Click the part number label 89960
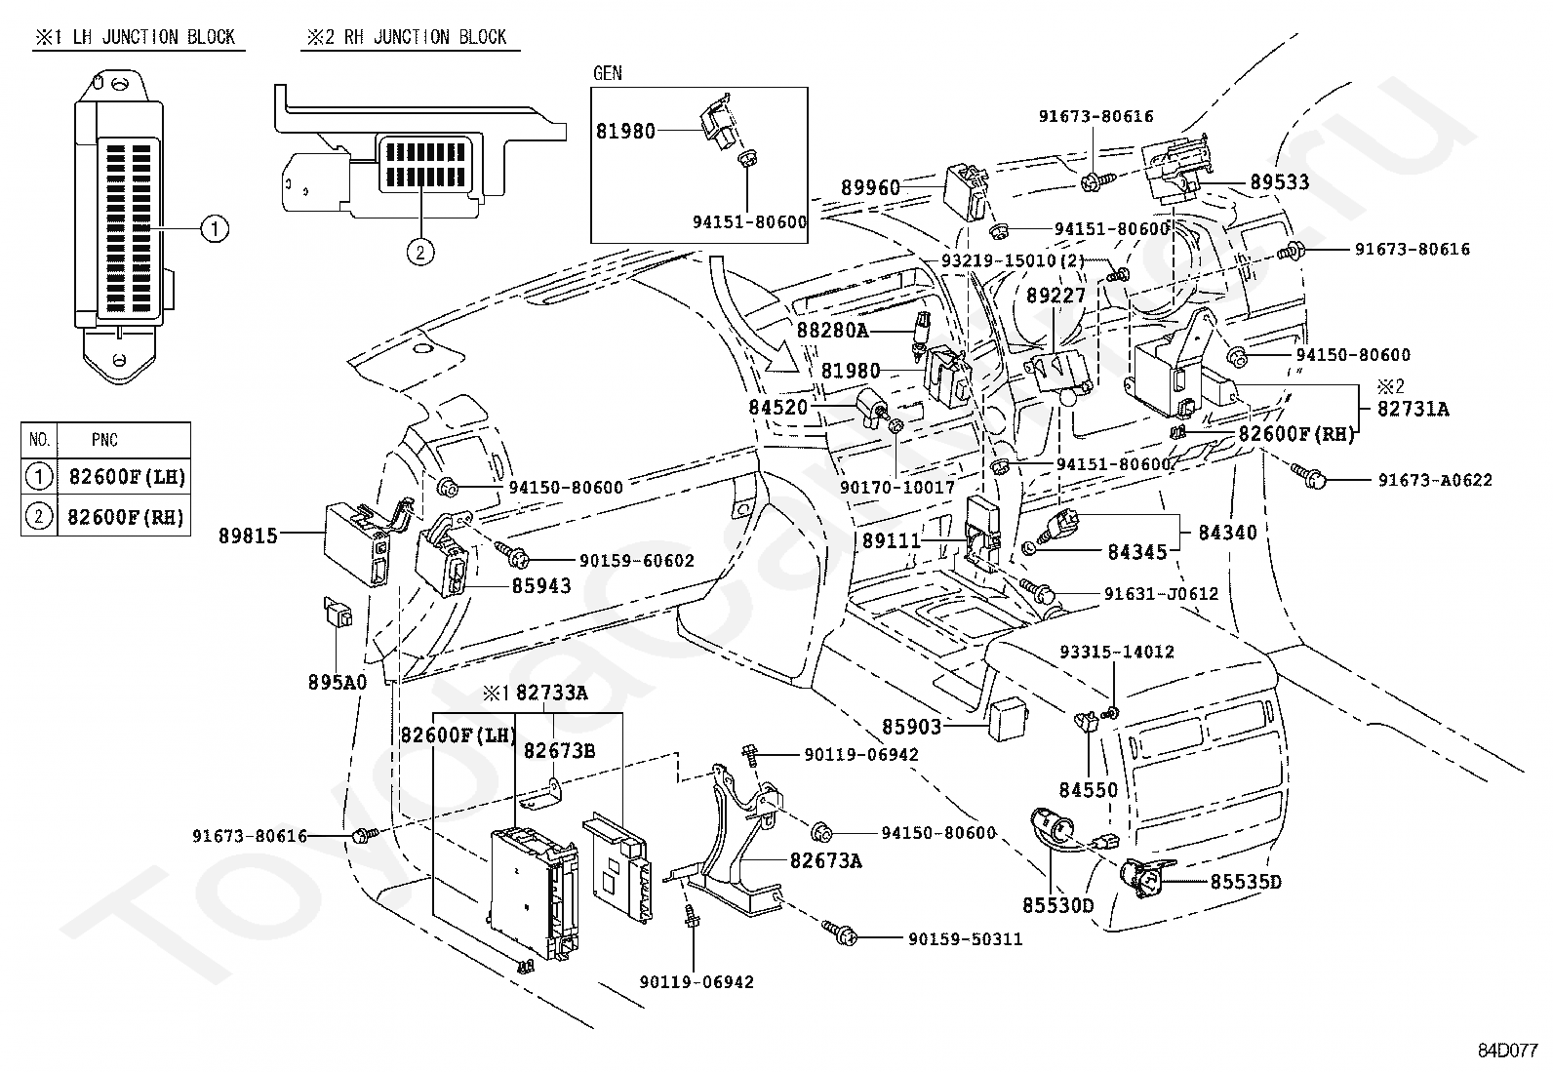[x=870, y=187]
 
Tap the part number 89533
[x=1280, y=181]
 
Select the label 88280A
[x=833, y=330]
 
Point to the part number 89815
[x=248, y=536]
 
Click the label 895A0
[x=337, y=682]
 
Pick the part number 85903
[x=912, y=727]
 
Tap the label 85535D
[x=1246, y=882]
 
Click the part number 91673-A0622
[x=1435, y=480]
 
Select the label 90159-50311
[x=966, y=939]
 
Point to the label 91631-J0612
[x=1161, y=594]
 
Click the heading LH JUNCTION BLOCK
[x=154, y=37]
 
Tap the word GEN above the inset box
[x=608, y=73]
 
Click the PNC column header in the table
[x=104, y=440]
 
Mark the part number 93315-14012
[x=1117, y=652]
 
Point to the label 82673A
[x=826, y=860]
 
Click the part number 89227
[x=1055, y=296]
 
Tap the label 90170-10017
[x=897, y=487]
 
